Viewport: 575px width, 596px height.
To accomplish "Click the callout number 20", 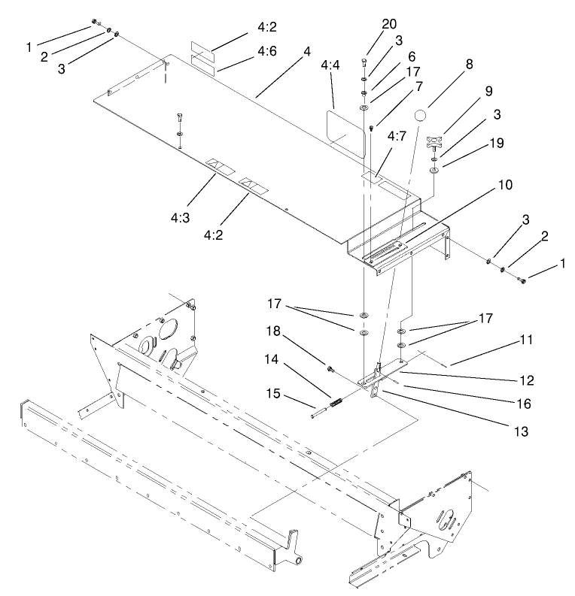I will click(x=388, y=24).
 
